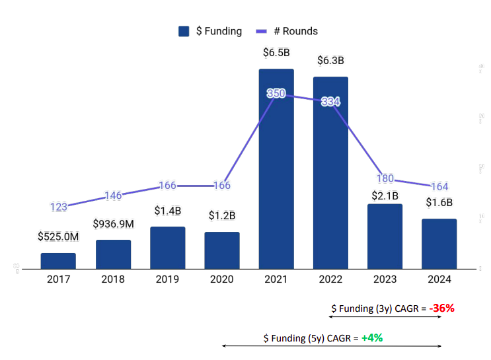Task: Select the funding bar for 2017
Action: [x=58, y=260]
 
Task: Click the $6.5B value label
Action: [x=276, y=53]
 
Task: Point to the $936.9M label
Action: [x=113, y=224]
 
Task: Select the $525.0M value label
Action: [x=58, y=236]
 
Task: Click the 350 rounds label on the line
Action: [x=276, y=94]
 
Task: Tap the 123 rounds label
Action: [x=59, y=207]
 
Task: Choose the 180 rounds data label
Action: [x=385, y=178]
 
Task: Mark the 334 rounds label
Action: [x=330, y=102]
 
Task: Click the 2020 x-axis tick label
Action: [x=221, y=279]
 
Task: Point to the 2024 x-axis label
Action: [x=439, y=279]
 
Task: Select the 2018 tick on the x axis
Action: [x=113, y=279]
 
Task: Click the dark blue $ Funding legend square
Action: [x=184, y=31]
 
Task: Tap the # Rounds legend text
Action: [x=295, y=31]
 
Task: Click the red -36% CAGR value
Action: [x=441, y=308]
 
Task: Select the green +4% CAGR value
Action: [x=372, y=338]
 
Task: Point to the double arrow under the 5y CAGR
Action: [x=331, y=345]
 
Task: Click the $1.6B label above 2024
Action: [x=439, y=203]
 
